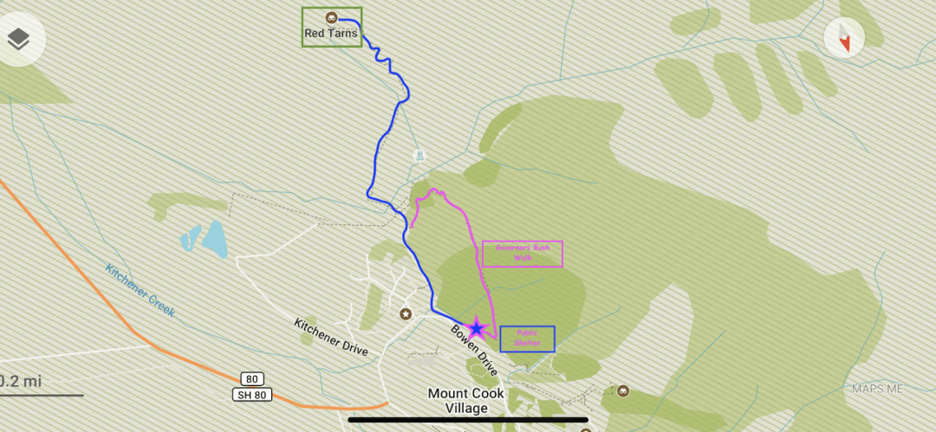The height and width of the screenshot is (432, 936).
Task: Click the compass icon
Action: coord(843,38)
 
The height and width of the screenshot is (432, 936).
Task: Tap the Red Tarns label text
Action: coord(331,34)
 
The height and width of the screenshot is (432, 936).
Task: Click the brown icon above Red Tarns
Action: coord(331,18)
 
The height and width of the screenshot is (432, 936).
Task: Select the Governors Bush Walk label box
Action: coord(522,254)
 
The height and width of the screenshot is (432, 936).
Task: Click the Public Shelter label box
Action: coord(527,339)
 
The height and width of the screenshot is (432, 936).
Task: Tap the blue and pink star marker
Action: coord(476,328)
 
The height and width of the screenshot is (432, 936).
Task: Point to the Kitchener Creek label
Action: coord(140,290)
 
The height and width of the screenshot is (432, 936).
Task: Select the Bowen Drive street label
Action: coord(473,350)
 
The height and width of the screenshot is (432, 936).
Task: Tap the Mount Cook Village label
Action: coord(466,400)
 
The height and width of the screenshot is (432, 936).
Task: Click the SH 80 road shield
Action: coord(251,395)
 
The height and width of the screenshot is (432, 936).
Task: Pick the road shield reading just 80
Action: coord(252,379)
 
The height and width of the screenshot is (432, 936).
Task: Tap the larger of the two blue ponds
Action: coord(214,240)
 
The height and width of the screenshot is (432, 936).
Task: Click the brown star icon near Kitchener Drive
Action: coord(405,313)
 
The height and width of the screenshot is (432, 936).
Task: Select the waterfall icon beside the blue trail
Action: coord(419,157)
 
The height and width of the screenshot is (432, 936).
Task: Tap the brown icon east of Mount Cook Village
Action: coord(622,391)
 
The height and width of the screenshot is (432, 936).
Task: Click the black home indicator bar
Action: coord(468,420)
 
